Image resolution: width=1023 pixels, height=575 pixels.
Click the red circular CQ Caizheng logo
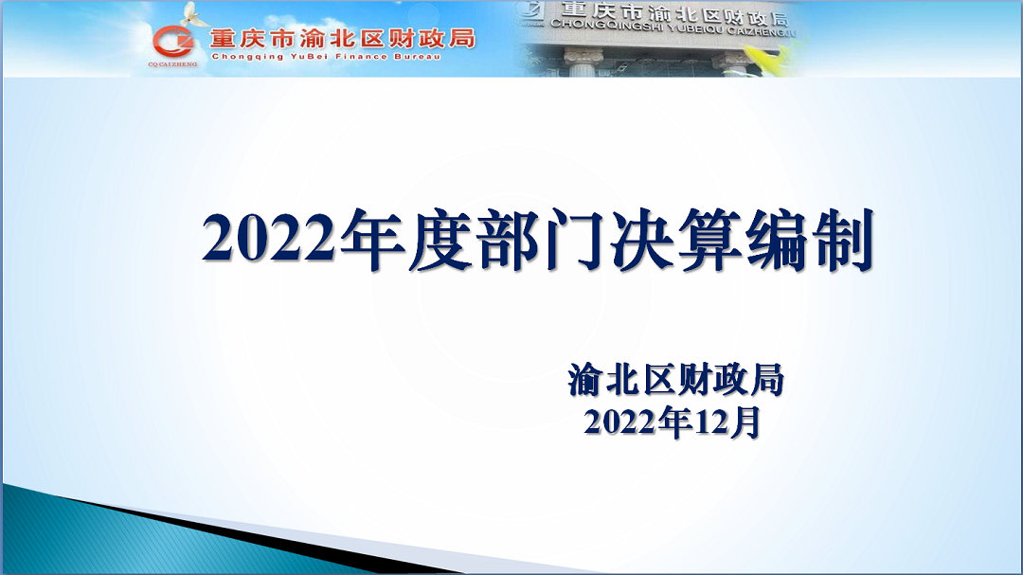click(x=173, y=43)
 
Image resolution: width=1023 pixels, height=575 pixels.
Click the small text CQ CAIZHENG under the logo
click(x=172, y=64)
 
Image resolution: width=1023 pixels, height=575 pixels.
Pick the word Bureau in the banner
click(x=418, y=57)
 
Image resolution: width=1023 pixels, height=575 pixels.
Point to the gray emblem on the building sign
click(x=529, y=11)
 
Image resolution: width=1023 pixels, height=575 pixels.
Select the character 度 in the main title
click(x=440, y=240)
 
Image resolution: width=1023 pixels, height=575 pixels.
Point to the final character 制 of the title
click(x=843, y=240)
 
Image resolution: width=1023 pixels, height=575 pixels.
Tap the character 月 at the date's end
click(x=745, y=422)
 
